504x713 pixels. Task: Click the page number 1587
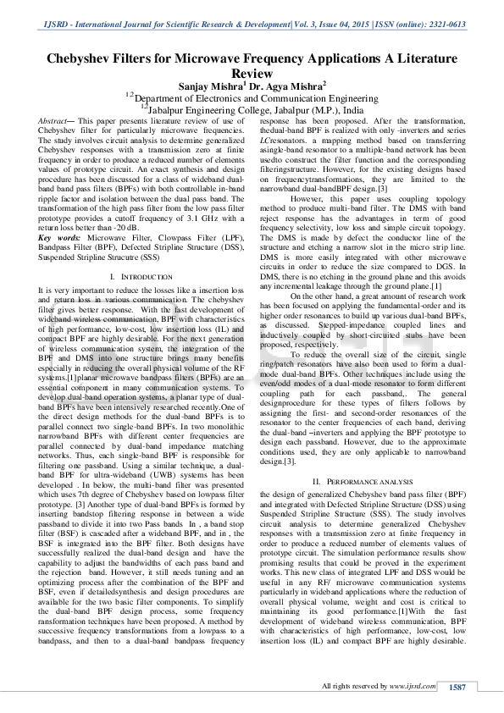coord(457,688)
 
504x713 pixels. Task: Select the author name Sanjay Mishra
coord(210,86)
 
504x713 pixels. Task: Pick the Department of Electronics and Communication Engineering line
coord(252,98)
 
